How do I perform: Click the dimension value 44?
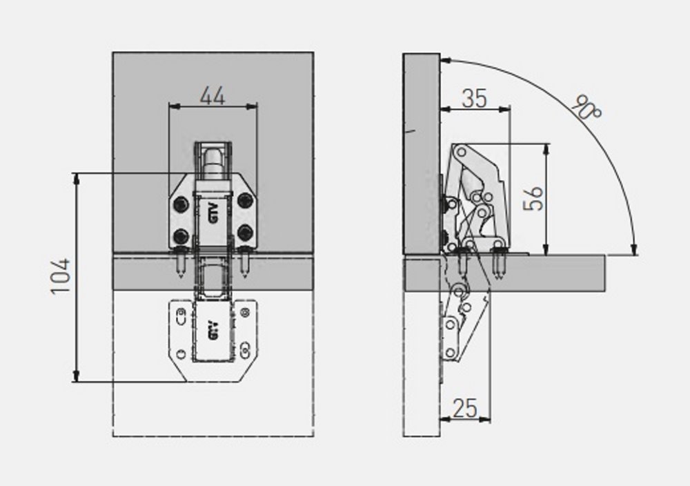[x=213, y=95]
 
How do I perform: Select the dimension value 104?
[x=60, y=276]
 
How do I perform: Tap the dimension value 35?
[x=475, y=98]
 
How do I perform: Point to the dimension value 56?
[x=533, y=199]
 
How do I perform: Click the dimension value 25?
[x=464, y=408]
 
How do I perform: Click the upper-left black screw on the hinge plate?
[x=181, y=204]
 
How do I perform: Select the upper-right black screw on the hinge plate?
[x=245, y=201]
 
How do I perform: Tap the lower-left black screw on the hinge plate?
[x=181, y=236]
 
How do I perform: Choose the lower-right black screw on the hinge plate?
[x=245, y=233]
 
